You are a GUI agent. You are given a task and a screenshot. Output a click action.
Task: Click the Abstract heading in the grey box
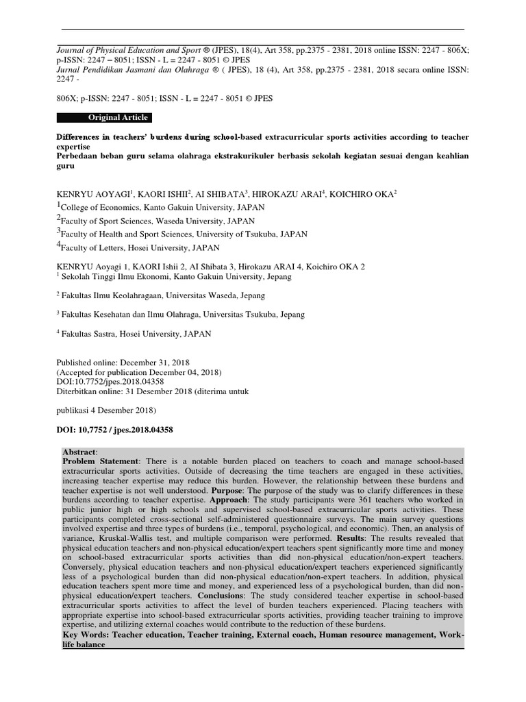79,452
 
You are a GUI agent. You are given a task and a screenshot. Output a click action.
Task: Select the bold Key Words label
86,636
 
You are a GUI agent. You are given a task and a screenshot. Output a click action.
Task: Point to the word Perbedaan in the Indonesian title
78,156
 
